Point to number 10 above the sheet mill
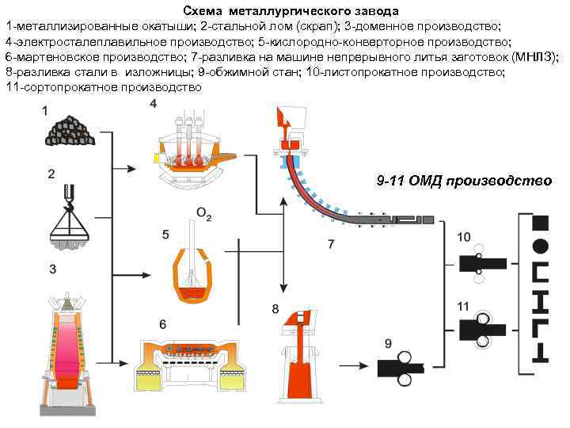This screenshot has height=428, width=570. pos(464,235)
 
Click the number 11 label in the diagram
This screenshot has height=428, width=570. pos(464,305)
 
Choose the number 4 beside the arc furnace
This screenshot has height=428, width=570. pos(153,105)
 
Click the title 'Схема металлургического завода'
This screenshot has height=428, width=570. pos(291,12)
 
